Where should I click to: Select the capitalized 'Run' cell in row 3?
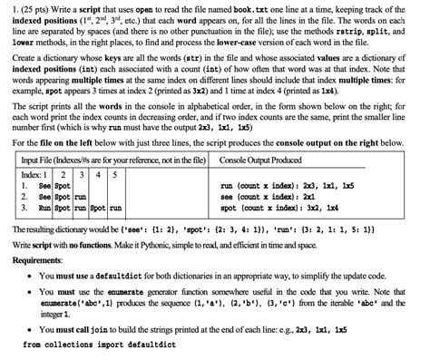(42, 208)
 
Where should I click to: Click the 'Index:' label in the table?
(33, 174)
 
